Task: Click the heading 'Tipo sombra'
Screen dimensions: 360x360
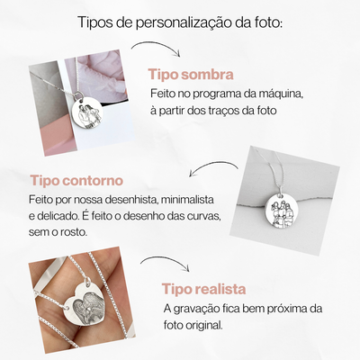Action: pyautogui.click(x=191, y=75)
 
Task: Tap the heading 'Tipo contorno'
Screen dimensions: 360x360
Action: pyautogui.click(x=76, y=181)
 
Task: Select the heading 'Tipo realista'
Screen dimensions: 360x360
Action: pyautogui.click(x=204, y=289)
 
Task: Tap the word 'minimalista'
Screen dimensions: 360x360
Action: pyautogui.click(x=187, y=200)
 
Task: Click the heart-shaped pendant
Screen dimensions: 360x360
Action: pyautogui.click(x=85, y=301)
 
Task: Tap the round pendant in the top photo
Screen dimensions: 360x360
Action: pyautogui.click(x=88, y=112)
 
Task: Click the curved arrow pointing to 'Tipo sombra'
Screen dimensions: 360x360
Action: pyautogui.click(x=156, y=46)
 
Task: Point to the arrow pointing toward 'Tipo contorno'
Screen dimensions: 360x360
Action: pyautogui.click(x=213, y=166)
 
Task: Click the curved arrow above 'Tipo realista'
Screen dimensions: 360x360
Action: pyautogui.click(x=166, y=261)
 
